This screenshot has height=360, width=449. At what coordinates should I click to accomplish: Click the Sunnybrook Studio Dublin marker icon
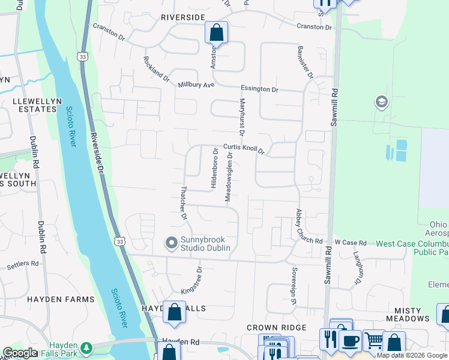pyautogui.click(x=172, y=243)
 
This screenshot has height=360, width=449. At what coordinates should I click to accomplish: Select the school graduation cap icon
pyautogui.click(x=381, y=102)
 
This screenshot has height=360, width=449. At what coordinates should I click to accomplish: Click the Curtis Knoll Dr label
pyautogui.click(x=244, y=148)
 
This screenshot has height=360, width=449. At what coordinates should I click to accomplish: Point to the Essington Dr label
pyautogui.click(x=260, y=89)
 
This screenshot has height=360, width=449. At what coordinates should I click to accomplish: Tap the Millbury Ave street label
pyautogui.click(x=196, y=85)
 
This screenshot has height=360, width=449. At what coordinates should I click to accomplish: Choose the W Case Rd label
pyautogui.click(x=351, y=242)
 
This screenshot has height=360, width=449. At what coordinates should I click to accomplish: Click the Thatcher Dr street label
pyautogui.click(x=183, y=203)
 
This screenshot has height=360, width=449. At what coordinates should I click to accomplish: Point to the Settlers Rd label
pyautogui.click(x=23, y=263)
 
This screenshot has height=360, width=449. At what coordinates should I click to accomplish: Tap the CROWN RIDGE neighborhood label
pyautogui.click(x=276, y=328)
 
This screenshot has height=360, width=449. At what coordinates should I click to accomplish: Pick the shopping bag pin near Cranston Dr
pyautogui.click(x=216, y=32)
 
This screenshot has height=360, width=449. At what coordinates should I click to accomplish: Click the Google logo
pyautogui.click(x=20, y=353)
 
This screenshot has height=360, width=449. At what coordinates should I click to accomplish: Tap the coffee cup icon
pyautogui.click(x=350, y=341)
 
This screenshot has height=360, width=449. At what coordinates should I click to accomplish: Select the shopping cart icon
pyautogui.click(x=373, y=341)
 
